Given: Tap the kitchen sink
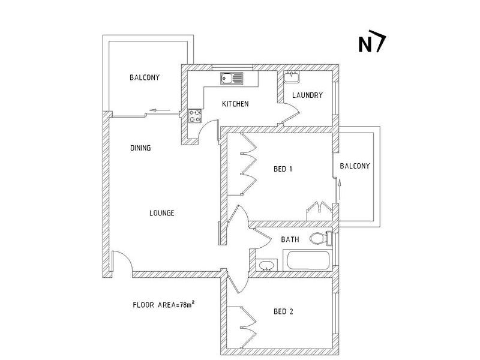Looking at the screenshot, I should (231, 78).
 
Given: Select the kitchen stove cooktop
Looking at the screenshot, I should (196, 115).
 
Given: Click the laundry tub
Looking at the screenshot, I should (292, 77).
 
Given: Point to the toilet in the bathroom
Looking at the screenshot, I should (321, 239).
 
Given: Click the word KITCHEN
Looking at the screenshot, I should (235, 104).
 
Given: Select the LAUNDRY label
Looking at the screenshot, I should (307, 95).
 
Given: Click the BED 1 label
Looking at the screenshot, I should (283, 169).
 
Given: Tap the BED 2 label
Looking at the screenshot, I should (283, 311).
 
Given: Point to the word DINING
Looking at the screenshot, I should (140, 148).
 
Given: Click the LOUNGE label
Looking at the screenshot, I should (161, 212).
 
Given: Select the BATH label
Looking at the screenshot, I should (290, 239).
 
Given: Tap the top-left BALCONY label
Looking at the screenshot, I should (144, 77).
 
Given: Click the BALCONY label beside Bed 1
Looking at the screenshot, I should (355, 166).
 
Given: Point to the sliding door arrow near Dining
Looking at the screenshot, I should (158, 110).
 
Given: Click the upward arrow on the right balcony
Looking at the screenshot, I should (340, 191).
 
